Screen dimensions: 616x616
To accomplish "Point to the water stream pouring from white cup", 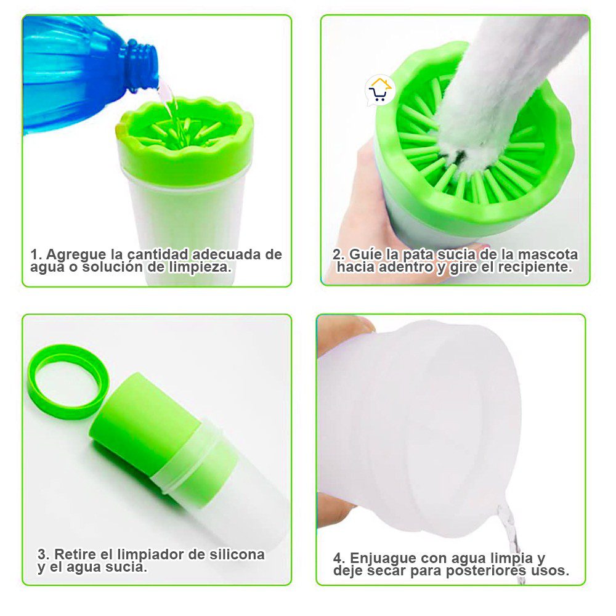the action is tap(510, 538).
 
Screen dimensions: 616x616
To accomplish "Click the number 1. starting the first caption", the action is tap(36, 254).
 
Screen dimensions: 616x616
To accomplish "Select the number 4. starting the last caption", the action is tap(339, 559).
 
